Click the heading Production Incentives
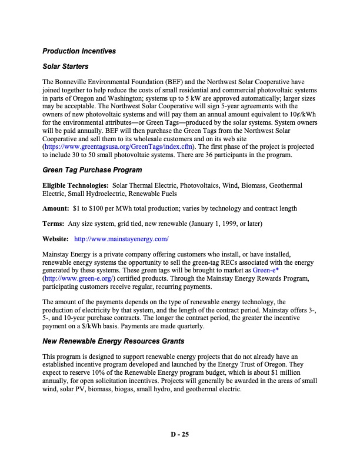click(x=79, y=51)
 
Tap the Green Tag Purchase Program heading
click(x=92, y=170)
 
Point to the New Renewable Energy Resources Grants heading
click(x=114, y=341)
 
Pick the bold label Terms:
click(x=54, y=224)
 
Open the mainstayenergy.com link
click(x=121, y=239)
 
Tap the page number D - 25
click(x=179, y=435)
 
